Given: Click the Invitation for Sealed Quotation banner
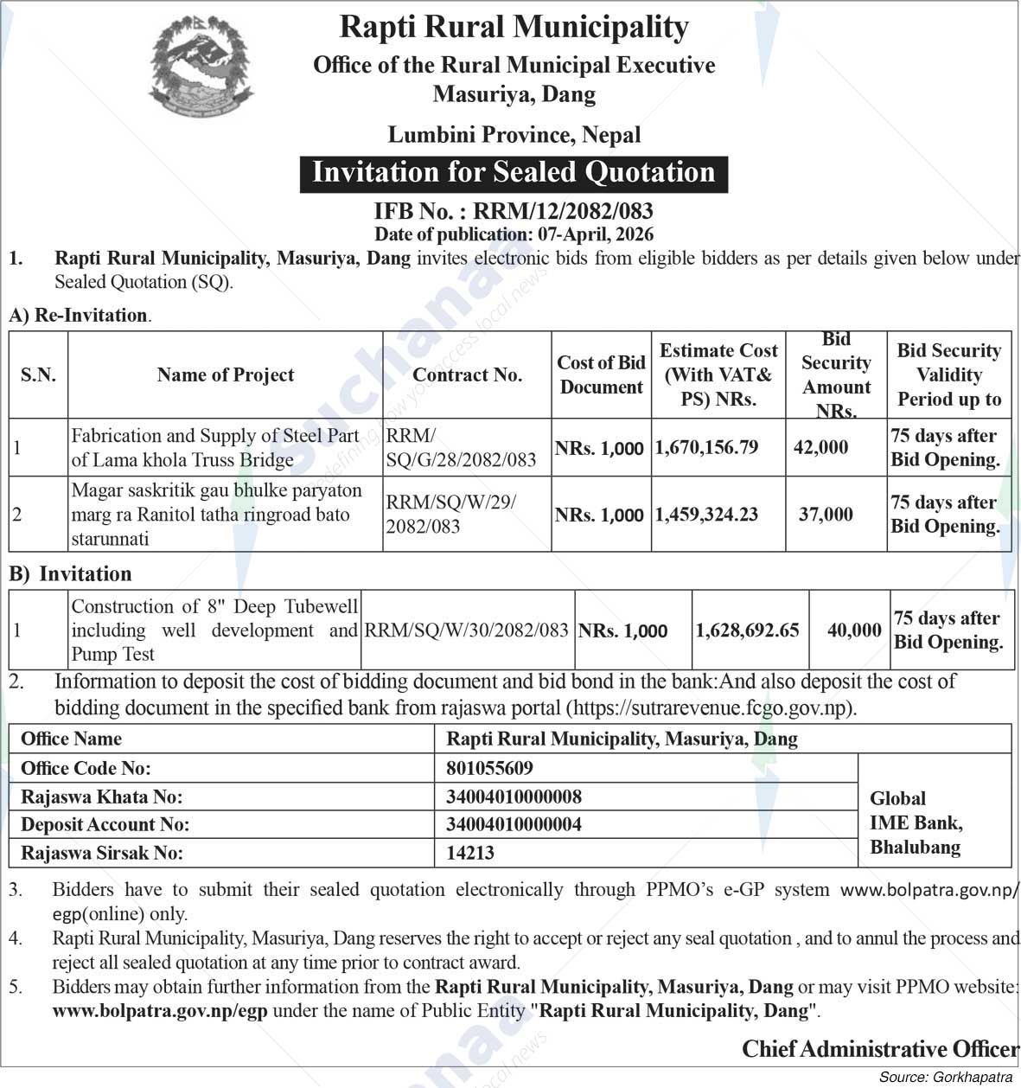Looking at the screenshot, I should (x=514, y=173).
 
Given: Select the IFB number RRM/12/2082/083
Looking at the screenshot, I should (x=514, y=211).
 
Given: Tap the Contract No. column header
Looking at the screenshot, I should (x=467, y=374).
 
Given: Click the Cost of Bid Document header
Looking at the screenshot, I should (x=601, y=374).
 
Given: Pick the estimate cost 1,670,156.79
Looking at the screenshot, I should (x=706, y=447).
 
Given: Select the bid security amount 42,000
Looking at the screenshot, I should (x=820, y=447).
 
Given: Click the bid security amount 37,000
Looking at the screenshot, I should (x=825, y=515).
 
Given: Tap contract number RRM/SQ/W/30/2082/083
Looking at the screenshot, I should (x=466, y=630).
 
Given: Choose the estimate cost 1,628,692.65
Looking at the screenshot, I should (x=747, y=630).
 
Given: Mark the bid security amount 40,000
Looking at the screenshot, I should (x=853, y=630).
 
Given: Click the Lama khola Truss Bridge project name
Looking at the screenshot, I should (x=214, y=447).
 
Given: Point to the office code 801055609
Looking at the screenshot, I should (x=489, y=768).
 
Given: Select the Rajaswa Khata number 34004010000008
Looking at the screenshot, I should (x=514, y=797).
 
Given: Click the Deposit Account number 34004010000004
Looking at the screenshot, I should (x=514, y=824).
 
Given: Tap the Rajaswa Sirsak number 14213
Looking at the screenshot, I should (x=470, y=853).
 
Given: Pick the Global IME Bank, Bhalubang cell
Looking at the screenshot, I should (x=916, y=822).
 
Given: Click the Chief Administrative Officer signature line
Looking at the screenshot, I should (x=880, y=1049).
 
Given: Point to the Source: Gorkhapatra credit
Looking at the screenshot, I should (x=945, y=1077).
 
